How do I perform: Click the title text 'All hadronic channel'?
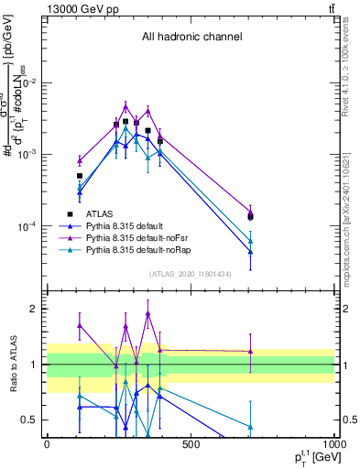point(191,38)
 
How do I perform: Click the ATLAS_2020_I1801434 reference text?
point(191,274)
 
